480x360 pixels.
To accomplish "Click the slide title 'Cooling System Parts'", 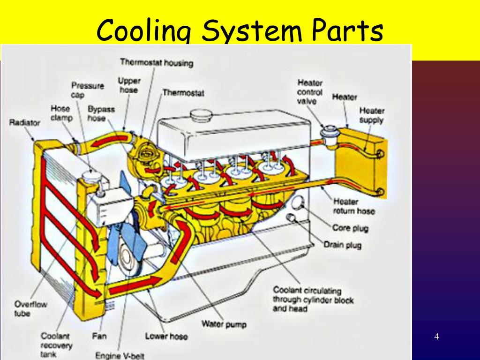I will (x=240, y=30).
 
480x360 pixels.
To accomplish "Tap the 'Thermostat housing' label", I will (x=157, y=62).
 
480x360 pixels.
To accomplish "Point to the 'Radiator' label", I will (x=25, y=123).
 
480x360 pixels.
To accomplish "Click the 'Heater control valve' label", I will (x=309, y=92).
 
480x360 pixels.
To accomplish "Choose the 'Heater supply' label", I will (x=372, y=115).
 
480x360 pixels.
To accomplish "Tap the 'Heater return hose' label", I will (x=354, y=206).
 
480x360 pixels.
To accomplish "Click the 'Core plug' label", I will (x=350, y=229).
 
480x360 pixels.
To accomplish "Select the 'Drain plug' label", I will (x=342, y=245).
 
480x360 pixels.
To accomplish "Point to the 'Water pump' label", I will (x=224, y=324).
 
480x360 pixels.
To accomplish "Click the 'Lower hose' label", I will (x=166, y=336).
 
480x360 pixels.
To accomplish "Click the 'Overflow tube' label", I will (x=31, y=309).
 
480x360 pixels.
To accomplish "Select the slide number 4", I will (x=436, y=337).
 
